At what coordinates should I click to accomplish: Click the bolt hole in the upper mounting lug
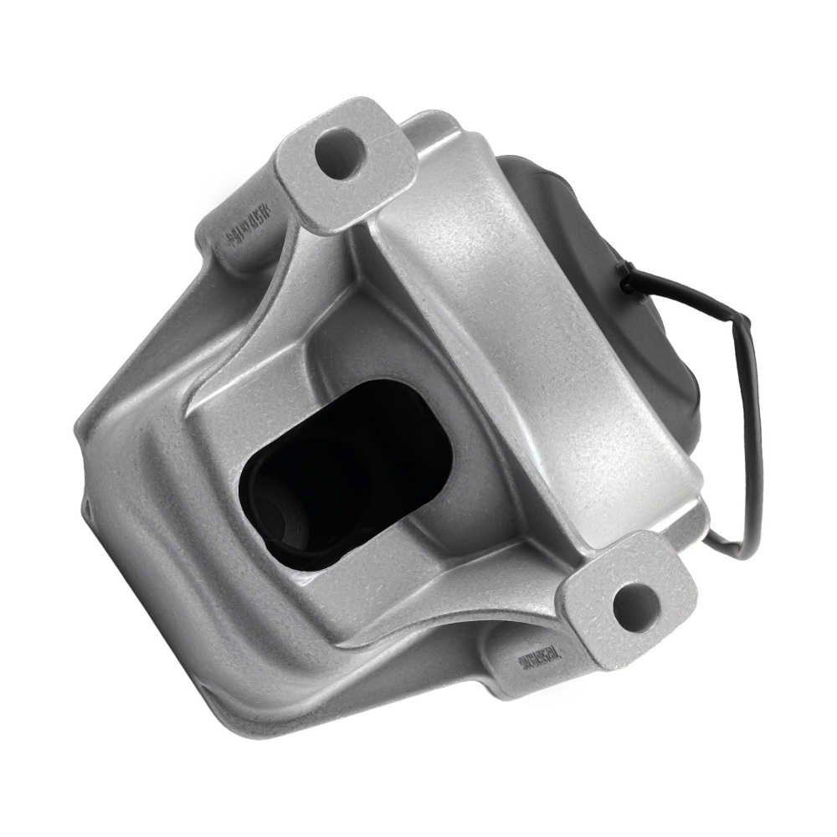point(340,154)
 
